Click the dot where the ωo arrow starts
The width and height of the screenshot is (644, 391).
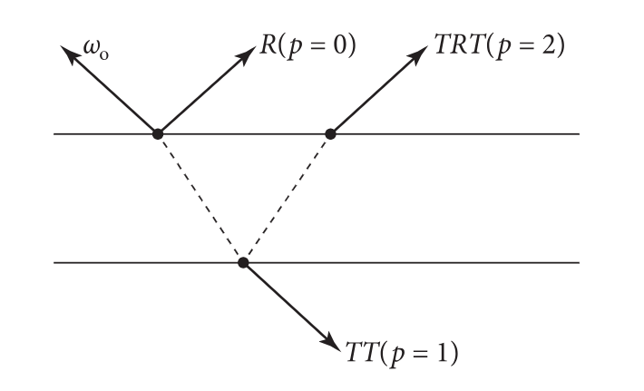(157, 134)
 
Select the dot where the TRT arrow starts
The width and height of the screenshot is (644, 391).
(330, 134)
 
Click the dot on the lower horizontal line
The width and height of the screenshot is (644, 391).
(242, 263)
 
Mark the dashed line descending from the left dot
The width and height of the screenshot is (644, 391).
(200, 199)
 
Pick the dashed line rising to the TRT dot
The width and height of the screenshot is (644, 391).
(287, 199)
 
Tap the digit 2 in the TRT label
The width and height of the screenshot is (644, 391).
(550, 46)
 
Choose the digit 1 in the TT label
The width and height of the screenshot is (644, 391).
(448, 350)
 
